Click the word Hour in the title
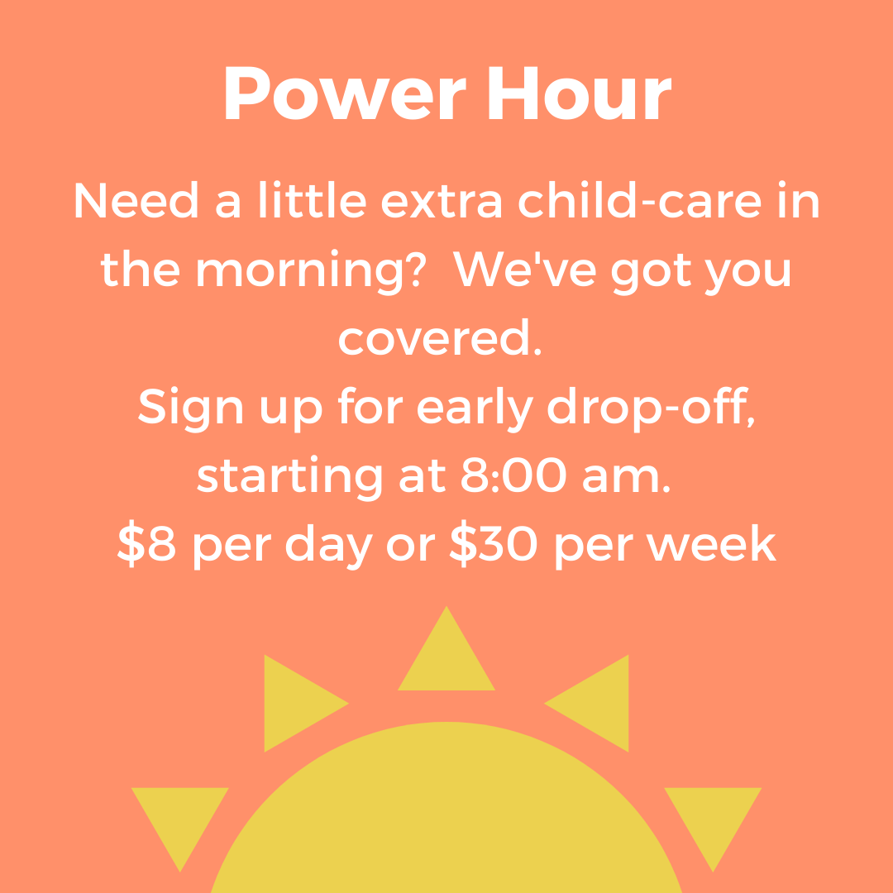580,93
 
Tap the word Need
136,199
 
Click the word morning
299,272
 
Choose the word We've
524,268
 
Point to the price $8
146,543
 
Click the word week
711,542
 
